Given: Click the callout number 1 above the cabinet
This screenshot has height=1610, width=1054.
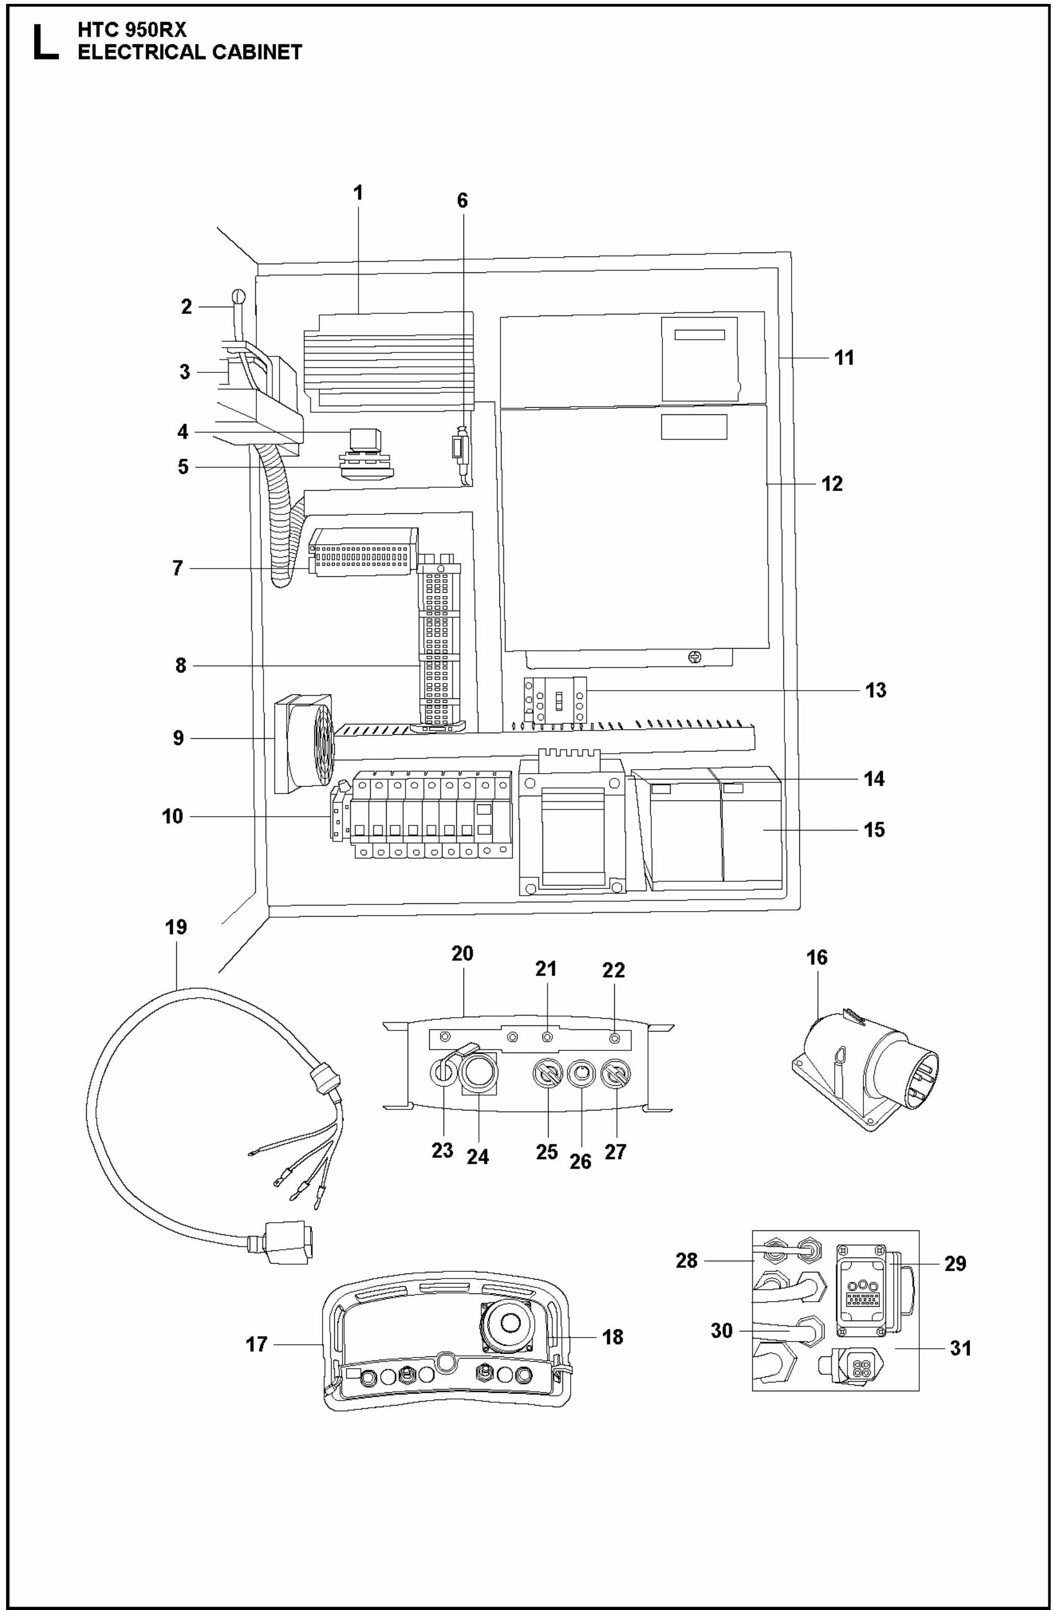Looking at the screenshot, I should (358, 193).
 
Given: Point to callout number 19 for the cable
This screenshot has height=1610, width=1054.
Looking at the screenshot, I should (176, 927).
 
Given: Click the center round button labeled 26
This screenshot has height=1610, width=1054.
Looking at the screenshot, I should (581, 1073).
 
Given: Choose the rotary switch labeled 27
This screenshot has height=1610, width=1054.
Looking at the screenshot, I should (615, 1073).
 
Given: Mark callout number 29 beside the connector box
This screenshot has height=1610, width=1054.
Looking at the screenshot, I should (955, 1263).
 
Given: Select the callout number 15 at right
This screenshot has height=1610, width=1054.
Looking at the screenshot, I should (874, 830).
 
